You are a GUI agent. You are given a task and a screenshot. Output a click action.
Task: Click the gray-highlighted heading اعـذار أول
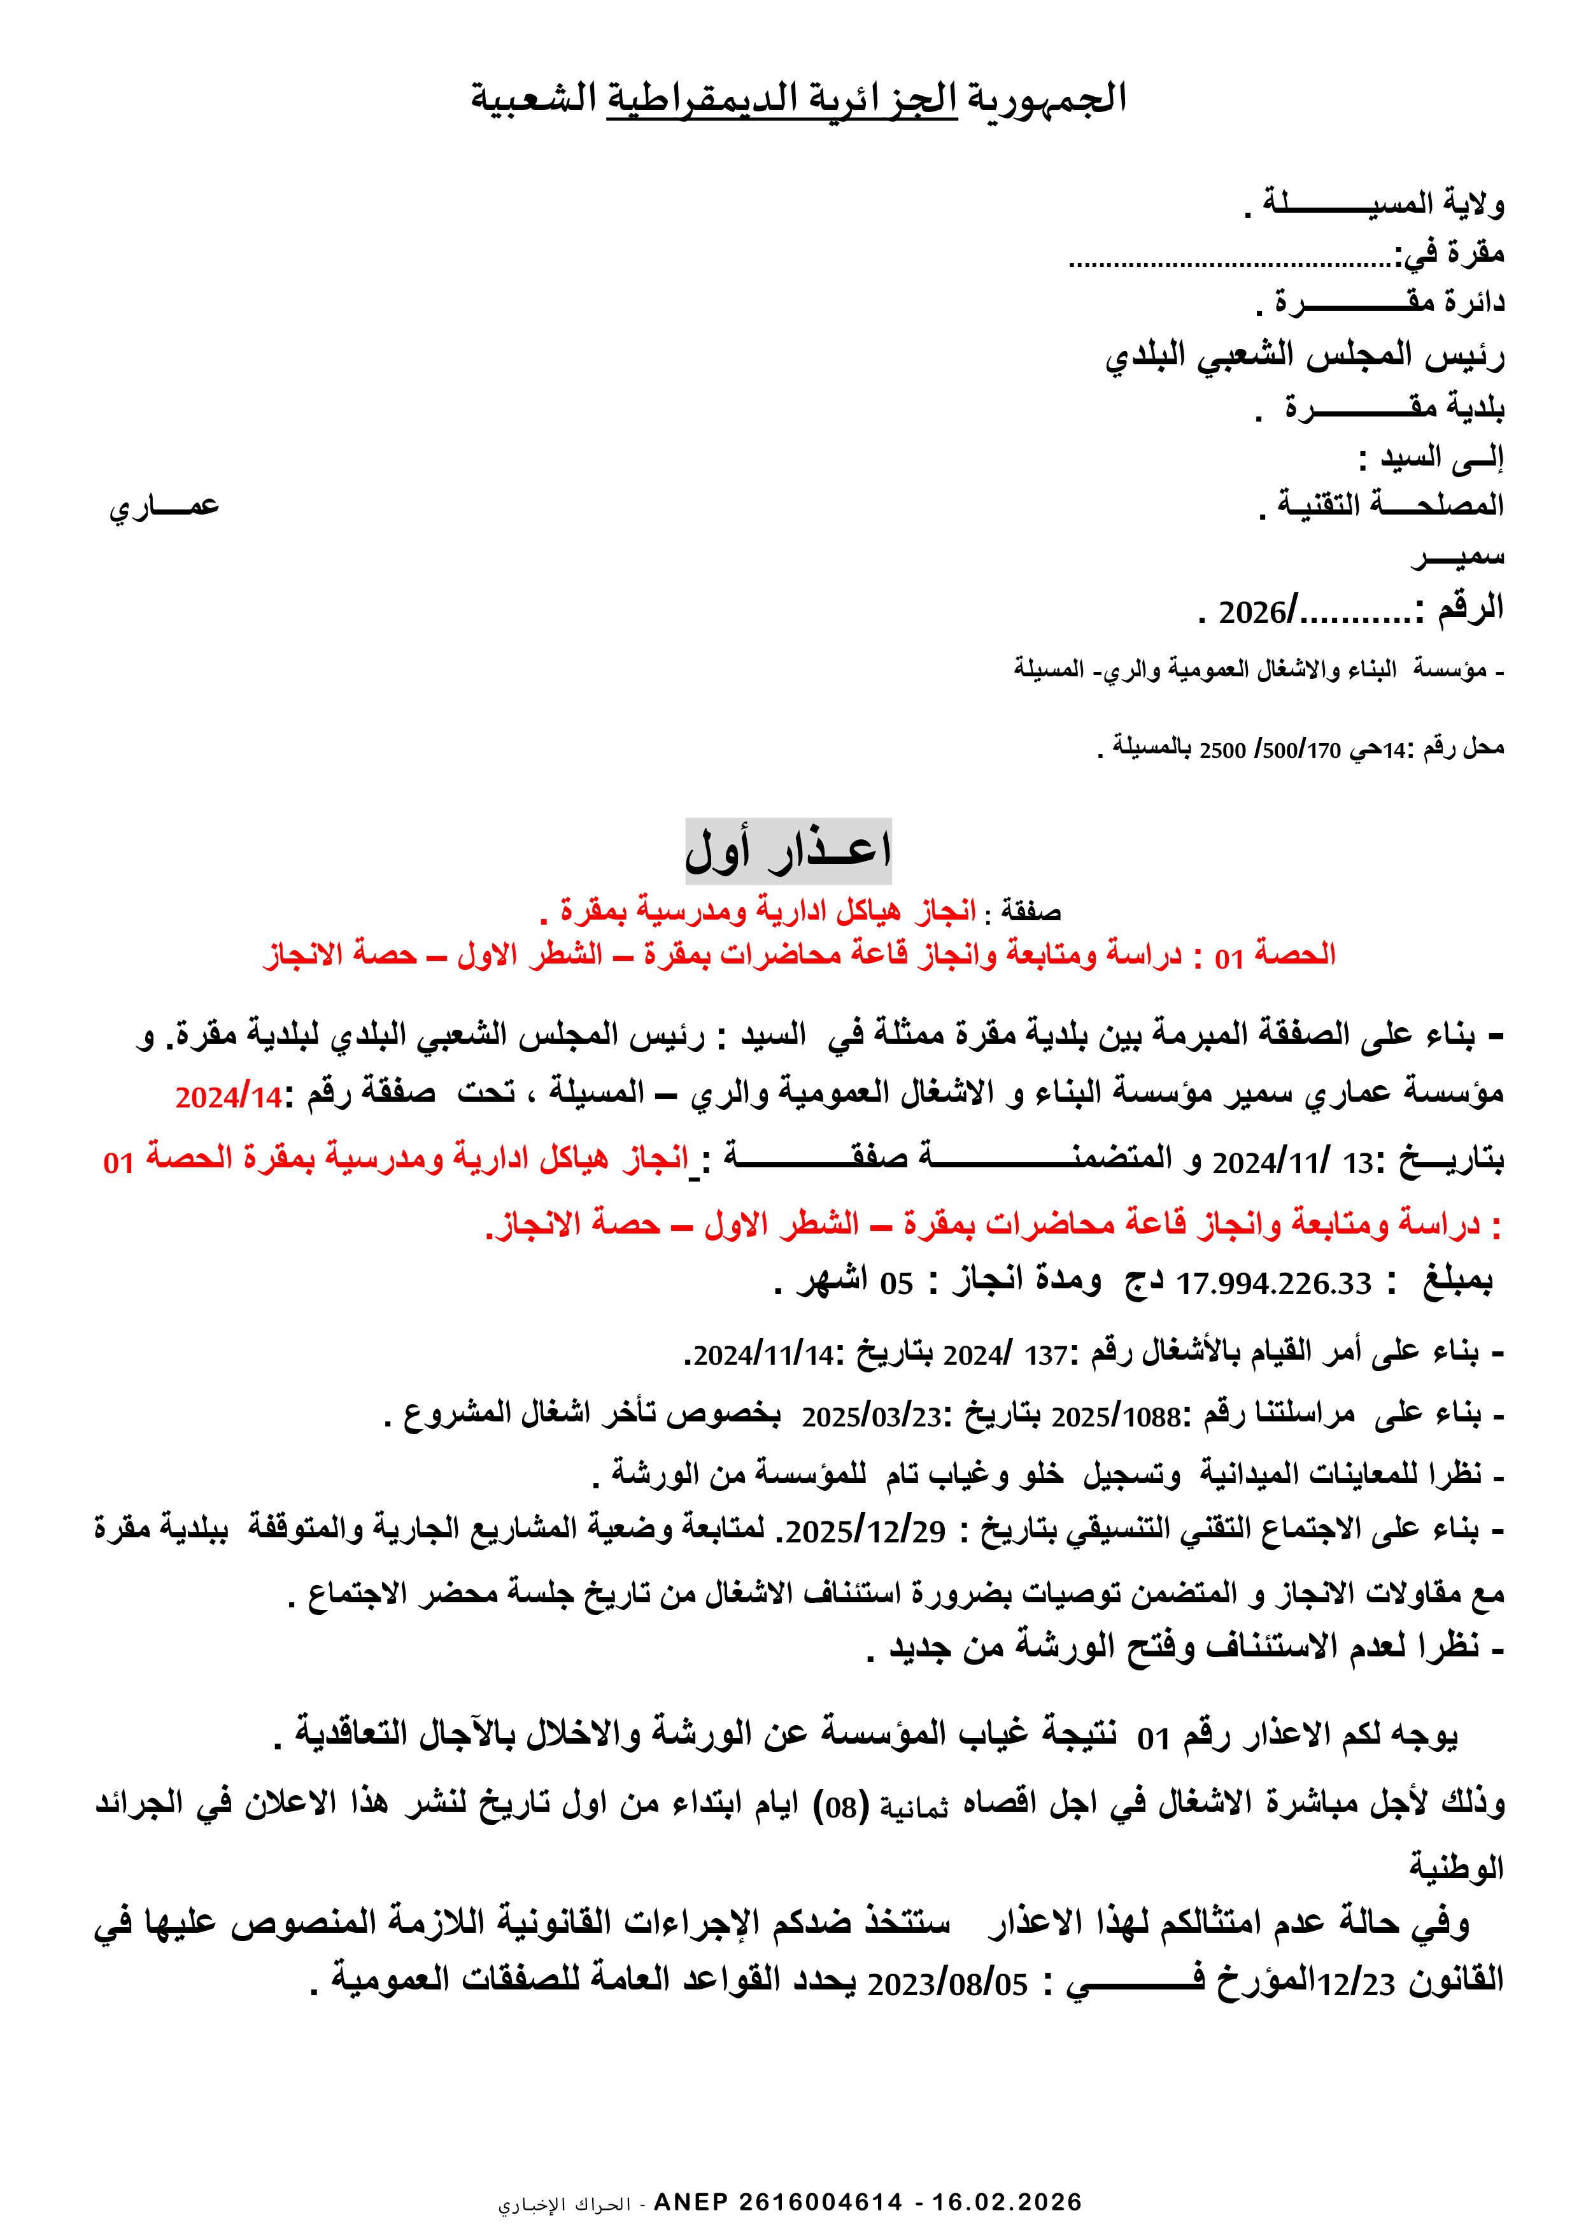pyautogui.click(x=788, y=850)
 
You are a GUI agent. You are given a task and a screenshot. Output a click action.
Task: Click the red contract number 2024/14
pyautogui.click(x=228, y=1097)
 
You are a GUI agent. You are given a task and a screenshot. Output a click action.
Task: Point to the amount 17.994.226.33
pyautogui.click(x=1273, y=1283)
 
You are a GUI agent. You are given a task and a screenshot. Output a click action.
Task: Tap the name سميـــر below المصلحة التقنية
pyautogui.click(x=1457, y=557)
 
